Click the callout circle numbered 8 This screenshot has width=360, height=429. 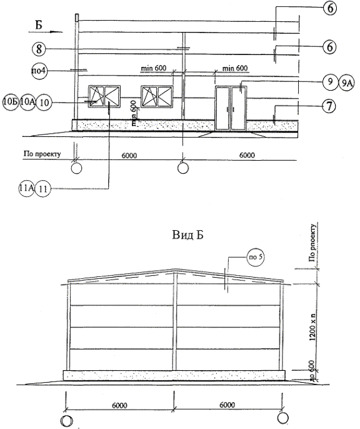39,49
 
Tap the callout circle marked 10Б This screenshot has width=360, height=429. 11,102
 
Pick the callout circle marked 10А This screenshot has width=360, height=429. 27,102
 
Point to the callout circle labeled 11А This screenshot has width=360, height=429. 26,188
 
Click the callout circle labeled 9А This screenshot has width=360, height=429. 346,83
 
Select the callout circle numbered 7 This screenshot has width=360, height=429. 329,106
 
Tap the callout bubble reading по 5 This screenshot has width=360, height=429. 256,257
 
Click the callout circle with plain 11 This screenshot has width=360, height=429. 43,189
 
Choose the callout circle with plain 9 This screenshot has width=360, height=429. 330,82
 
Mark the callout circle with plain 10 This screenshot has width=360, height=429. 44,103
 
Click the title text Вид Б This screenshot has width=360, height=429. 187,235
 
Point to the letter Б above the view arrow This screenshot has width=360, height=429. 39,25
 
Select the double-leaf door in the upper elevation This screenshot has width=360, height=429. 231,108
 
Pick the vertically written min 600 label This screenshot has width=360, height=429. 134,113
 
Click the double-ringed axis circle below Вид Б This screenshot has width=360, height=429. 67,420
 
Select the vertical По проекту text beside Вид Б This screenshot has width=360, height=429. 312,243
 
